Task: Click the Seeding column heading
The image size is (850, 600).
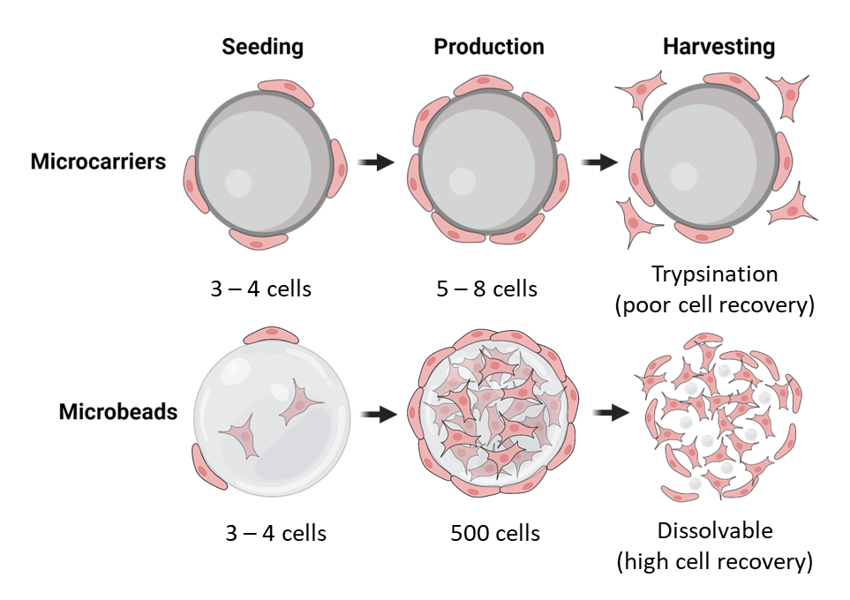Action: click(262, 47)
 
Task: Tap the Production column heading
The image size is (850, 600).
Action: click(488, 47)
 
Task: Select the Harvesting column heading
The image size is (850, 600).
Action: click(718, 47)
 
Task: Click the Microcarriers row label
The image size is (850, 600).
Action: click(98, 162)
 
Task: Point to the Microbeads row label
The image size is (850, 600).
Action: click(118, 412)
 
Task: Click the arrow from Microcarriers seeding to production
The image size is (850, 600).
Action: click(379, 162)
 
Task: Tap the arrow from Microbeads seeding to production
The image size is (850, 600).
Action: click(380, 413)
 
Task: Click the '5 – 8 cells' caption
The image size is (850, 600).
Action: click(487, 289)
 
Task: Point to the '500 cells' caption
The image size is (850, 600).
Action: click(494, 533)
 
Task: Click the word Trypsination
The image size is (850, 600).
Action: click(714, 274)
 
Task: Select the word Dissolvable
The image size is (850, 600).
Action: click(714, 530)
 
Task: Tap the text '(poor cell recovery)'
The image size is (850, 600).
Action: click(714, 305)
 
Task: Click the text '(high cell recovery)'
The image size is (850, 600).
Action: click(714, 561)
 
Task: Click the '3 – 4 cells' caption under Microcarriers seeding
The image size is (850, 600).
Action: click(260, 289)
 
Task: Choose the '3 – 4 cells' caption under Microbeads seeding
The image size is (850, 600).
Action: click(275, 533)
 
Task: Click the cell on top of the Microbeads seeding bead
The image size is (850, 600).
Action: click(265, 334)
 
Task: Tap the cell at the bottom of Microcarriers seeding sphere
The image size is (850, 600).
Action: click(257, 239)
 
